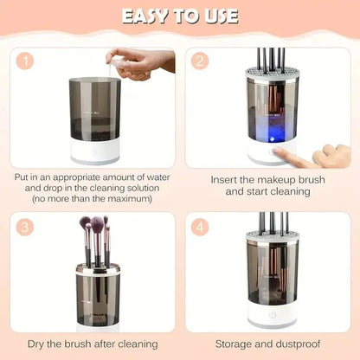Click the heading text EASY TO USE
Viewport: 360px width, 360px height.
[x=180, y=16]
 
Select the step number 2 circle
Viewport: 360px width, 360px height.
[x=199, y=61]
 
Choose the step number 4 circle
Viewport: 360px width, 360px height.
[x=199, y=227]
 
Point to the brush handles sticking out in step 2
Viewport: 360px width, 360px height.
[x=273, y=59]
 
